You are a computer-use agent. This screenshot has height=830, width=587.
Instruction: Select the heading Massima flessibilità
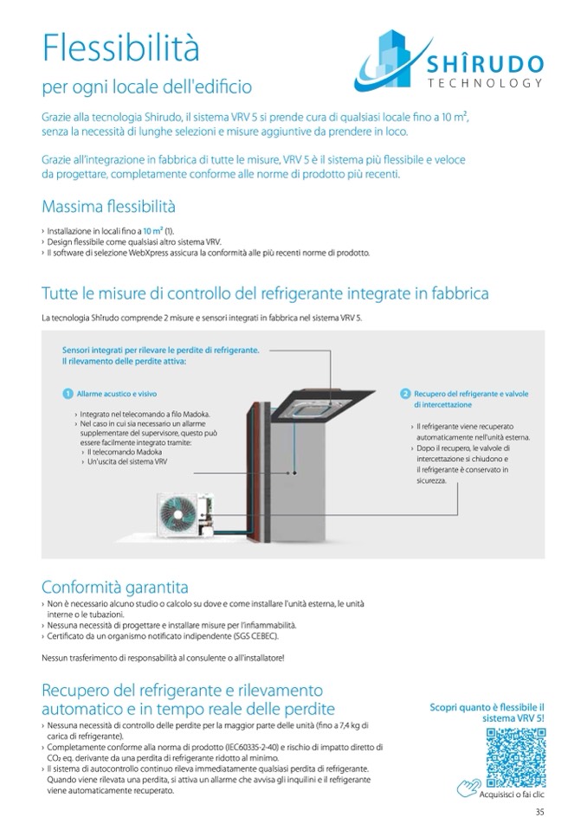coord(108,207)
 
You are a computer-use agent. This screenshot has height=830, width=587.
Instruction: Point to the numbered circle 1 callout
coord(67,394)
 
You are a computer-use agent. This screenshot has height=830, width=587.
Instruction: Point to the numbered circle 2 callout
coord(404,394)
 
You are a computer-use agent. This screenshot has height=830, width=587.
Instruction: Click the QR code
coord(516,757)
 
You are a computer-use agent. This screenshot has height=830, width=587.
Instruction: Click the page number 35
coord(539,811)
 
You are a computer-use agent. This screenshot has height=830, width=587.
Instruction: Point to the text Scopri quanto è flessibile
coord(487,707)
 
